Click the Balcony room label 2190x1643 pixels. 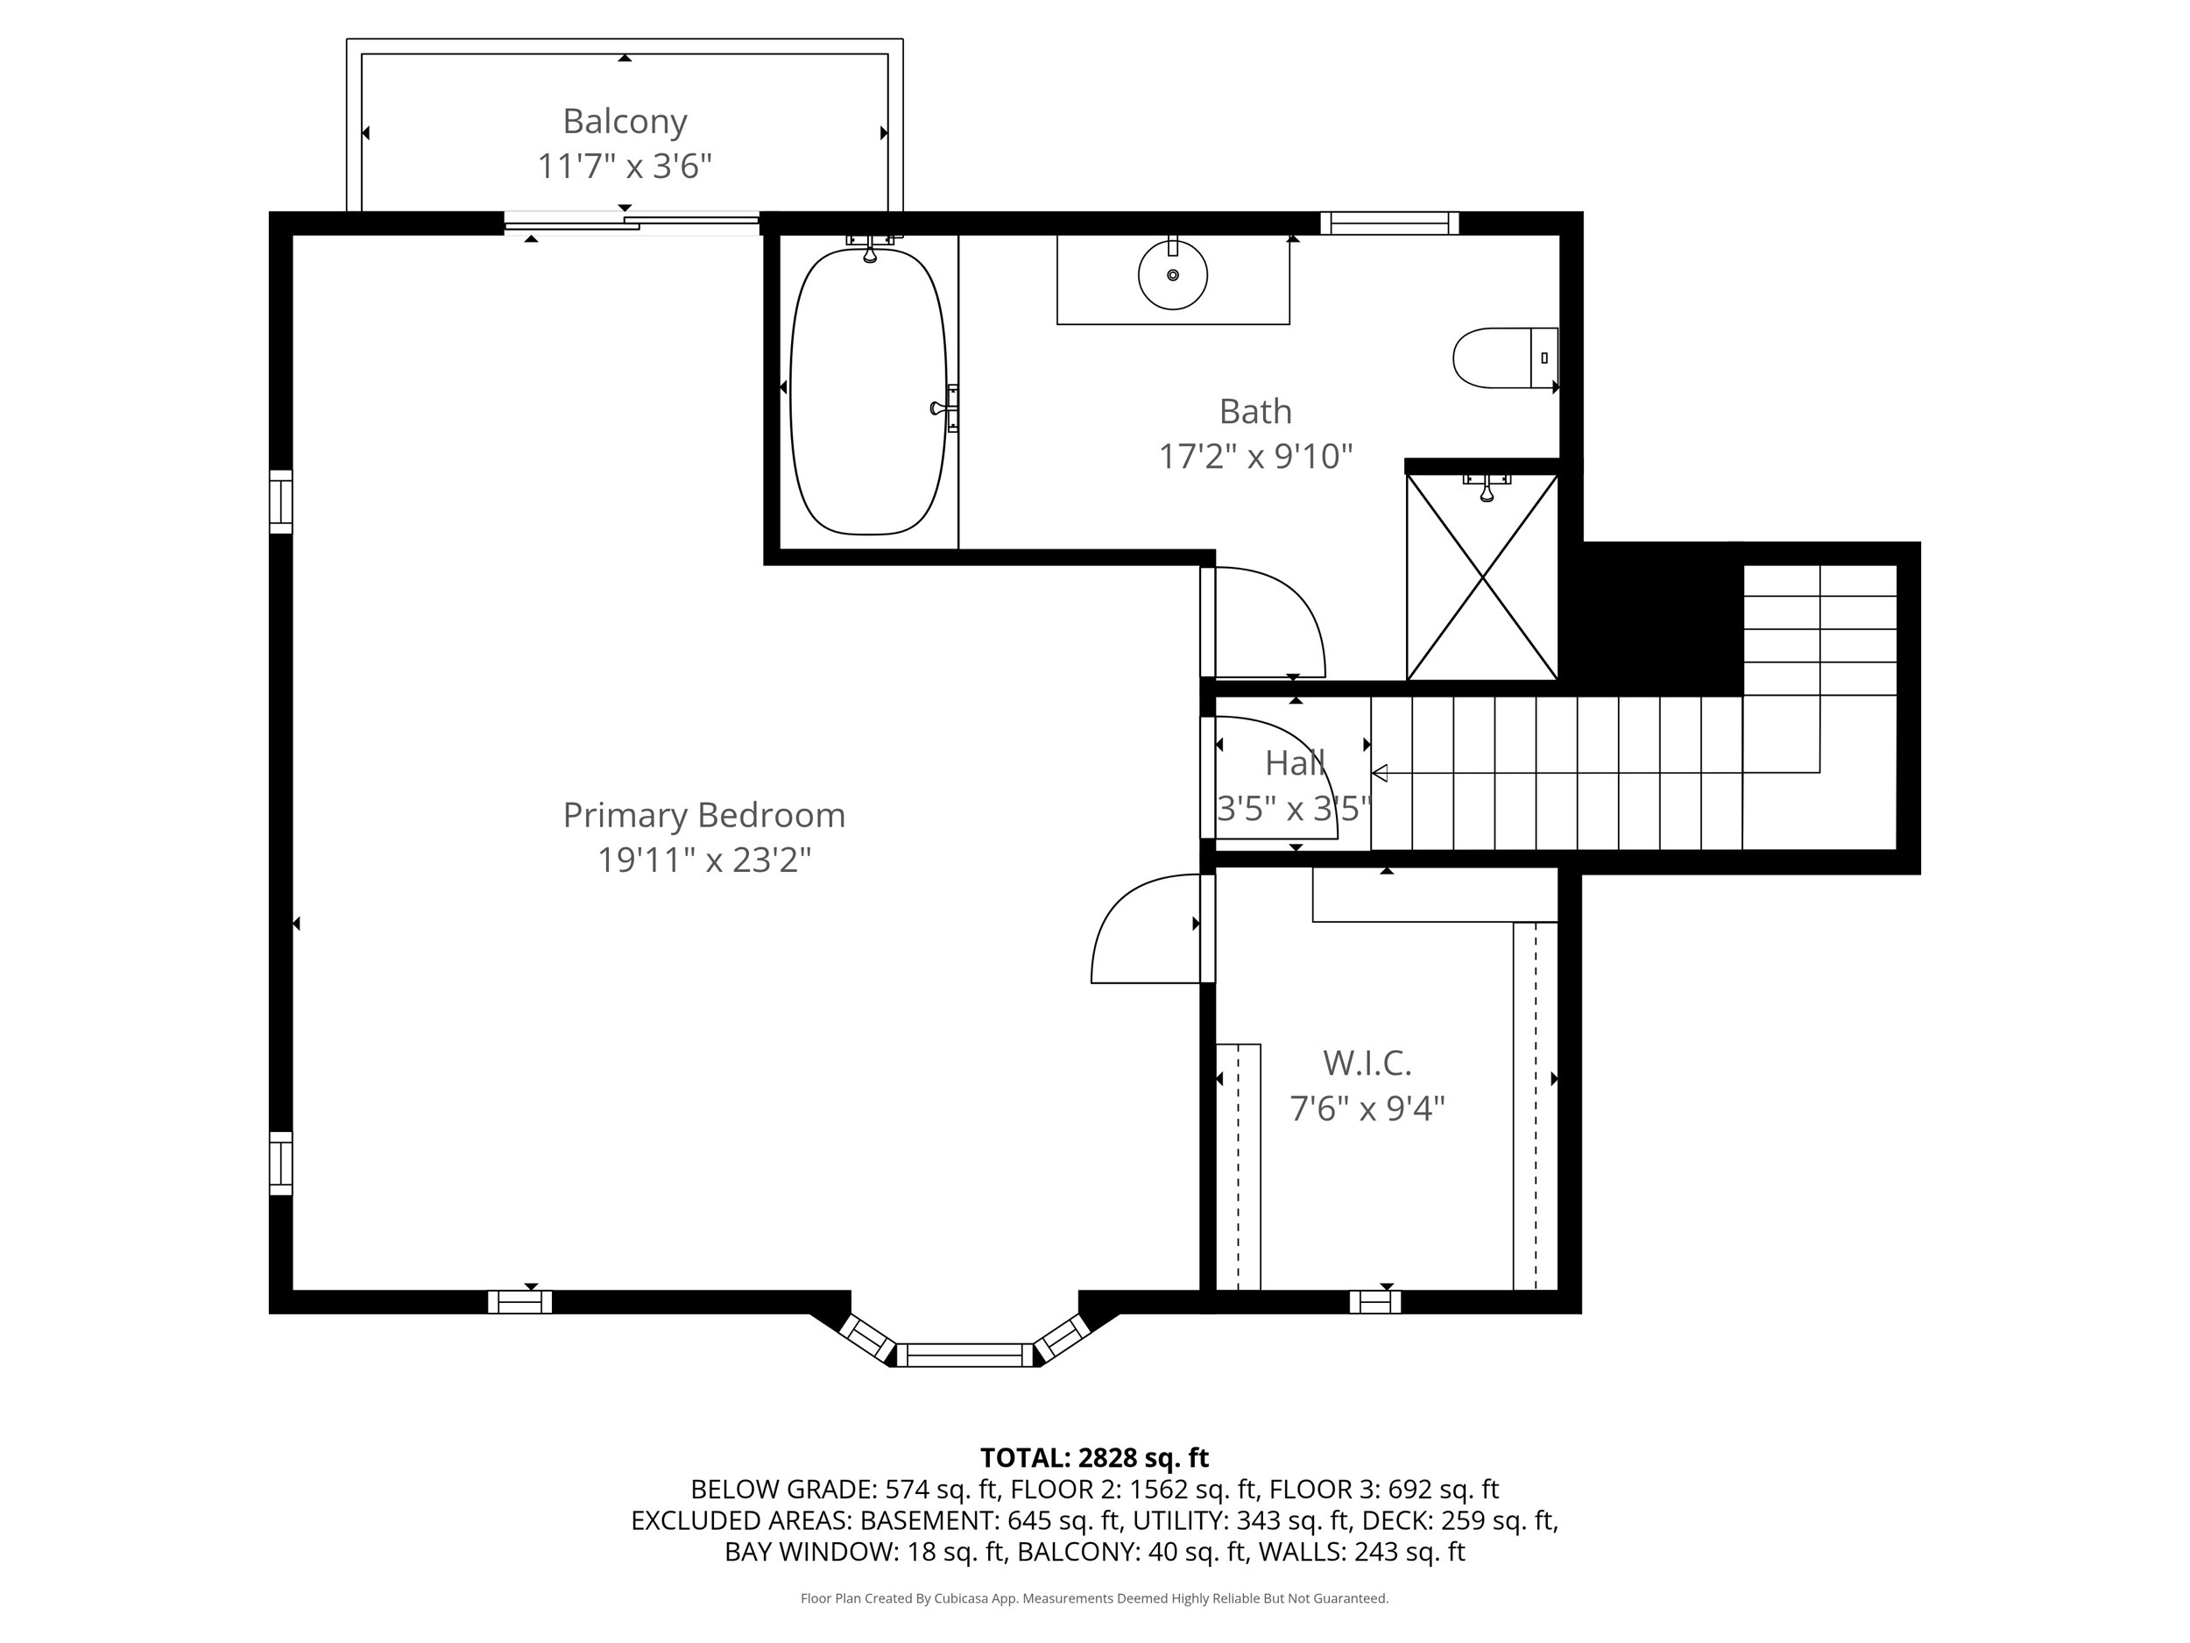pos(624,122)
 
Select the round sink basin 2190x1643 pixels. pos(1172,275)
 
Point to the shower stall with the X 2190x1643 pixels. pos(1482,577)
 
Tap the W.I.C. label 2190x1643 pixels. pos(1367,1063)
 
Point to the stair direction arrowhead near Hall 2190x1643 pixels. pos(1379,773)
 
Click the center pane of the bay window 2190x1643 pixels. pos(964,1354)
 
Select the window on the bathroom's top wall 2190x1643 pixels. pos(1389,223)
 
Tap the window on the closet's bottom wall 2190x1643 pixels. pos(1374,1301)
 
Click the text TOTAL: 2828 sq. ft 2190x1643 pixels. pos(1094,1458)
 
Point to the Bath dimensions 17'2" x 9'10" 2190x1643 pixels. pos(1254,457)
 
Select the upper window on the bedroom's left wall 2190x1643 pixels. pos(281,502)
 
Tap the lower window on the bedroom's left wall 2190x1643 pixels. pos(281,1163)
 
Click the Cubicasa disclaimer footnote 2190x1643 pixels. pos(1094,1598)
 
